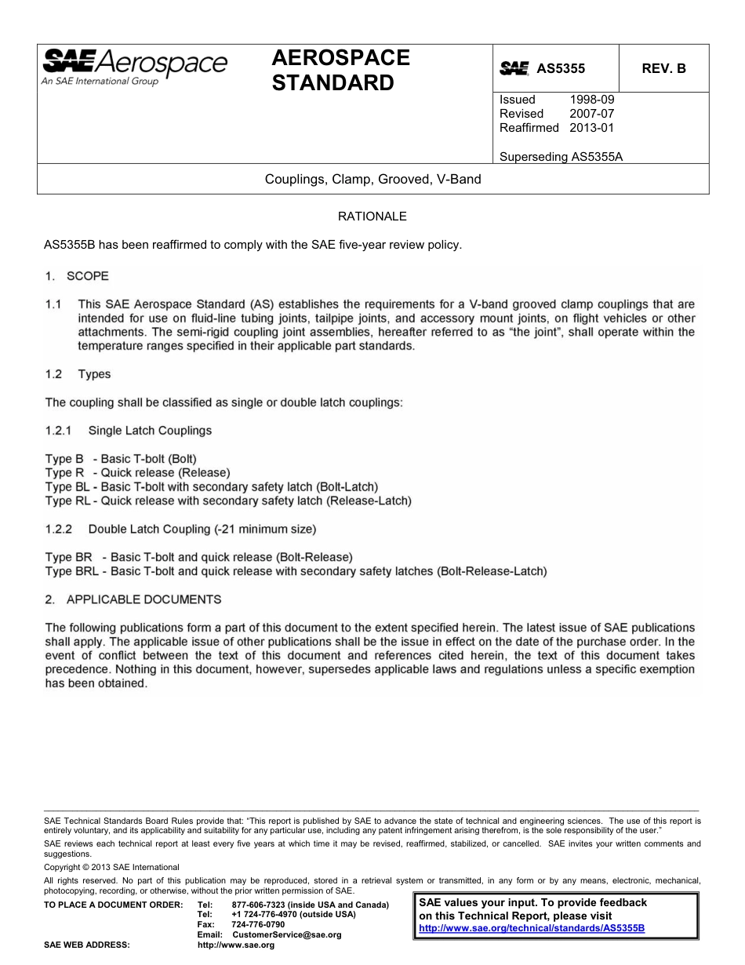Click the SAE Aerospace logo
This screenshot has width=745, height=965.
[x=134, y=67]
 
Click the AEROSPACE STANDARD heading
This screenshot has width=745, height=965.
[x=340, y=70]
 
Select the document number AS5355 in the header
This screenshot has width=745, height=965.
[x=560, y=69]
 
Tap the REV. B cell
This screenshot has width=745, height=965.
[x=663, y=69]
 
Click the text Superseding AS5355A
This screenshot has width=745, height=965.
[x=561, y=156]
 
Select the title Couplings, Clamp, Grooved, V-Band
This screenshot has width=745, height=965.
[x=372, y=179]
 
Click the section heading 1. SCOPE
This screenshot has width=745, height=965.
[x=77, y=276]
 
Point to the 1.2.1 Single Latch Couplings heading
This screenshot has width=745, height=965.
[x=129, y=431]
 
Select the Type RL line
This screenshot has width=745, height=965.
[x=227, y=501]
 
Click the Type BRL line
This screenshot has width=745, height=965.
[x=296, y=571]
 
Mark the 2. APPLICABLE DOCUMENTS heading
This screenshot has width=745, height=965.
[x=133, y=599]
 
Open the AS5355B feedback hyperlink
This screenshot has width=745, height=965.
[x=532, y=928]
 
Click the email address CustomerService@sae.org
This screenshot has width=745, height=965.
[x=287, y=935]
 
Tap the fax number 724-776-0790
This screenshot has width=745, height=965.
[x=259, y=925]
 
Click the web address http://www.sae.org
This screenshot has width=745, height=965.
[x=236, y=945]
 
